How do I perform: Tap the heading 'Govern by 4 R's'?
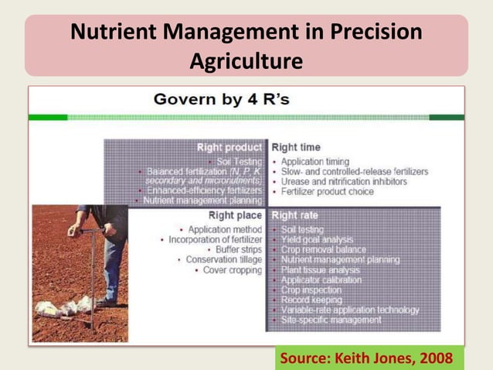[221, 99]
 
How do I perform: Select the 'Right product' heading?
[229, 147]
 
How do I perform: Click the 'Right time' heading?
[296, 147]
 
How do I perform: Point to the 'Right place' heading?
[235, 215]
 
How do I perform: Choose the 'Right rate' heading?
[295, 215]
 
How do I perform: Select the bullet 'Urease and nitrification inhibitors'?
[344, 182]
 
